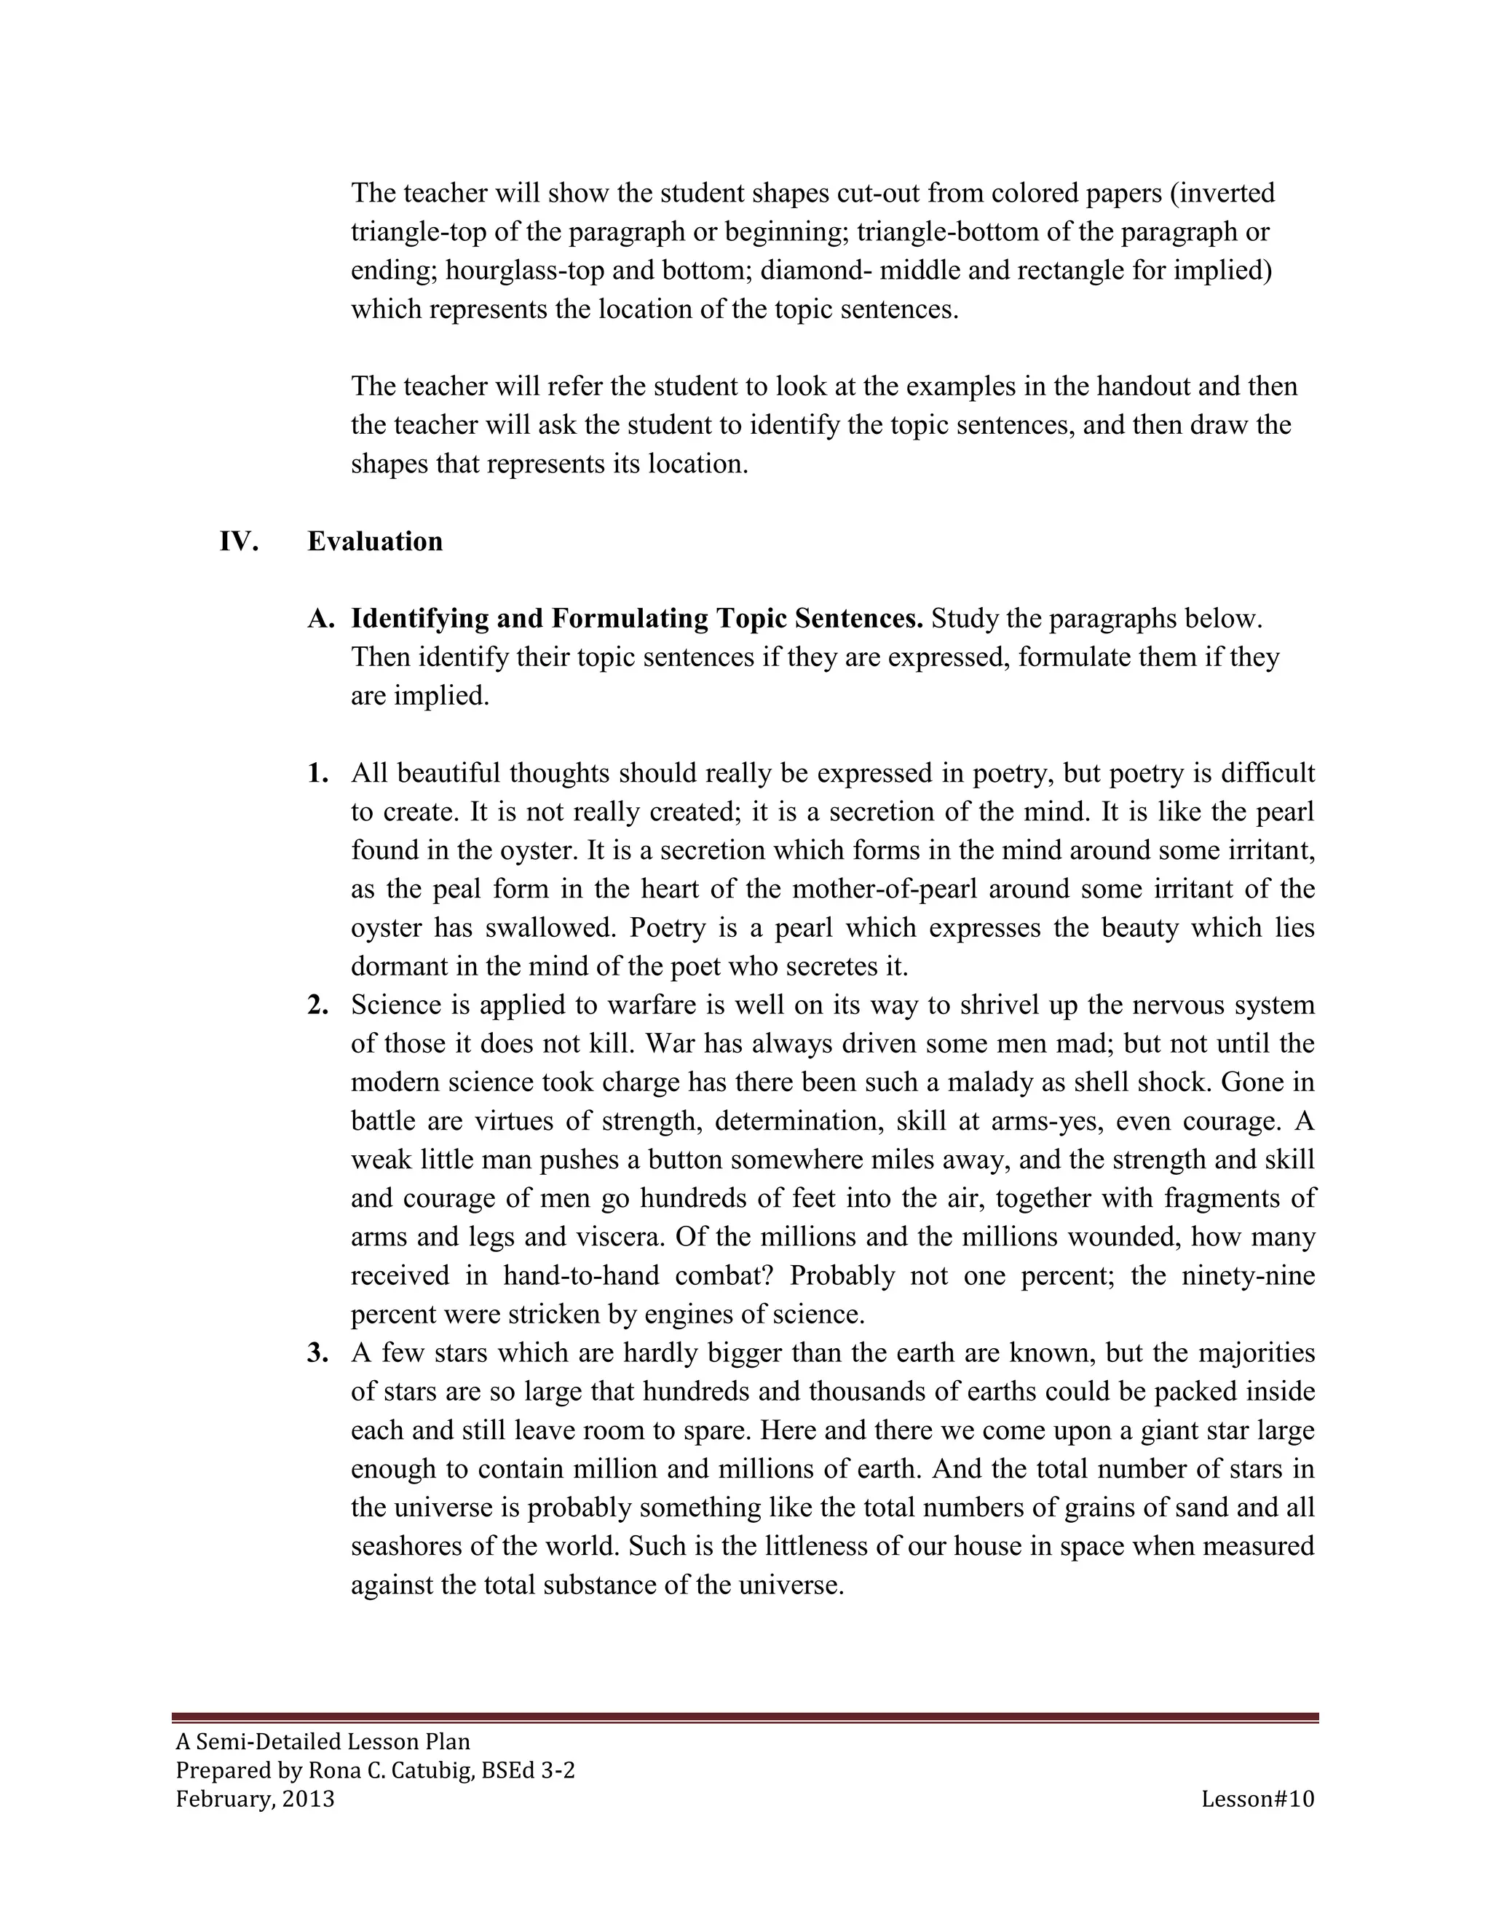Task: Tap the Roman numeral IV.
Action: tap(239, 542)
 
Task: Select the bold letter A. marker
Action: tap(320, 619)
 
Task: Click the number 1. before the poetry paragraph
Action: tap(318, 774)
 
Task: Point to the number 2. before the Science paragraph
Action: tap(318, 1005)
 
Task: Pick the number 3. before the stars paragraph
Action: tap(318, 1353)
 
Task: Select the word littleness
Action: tap(820, 1547)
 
